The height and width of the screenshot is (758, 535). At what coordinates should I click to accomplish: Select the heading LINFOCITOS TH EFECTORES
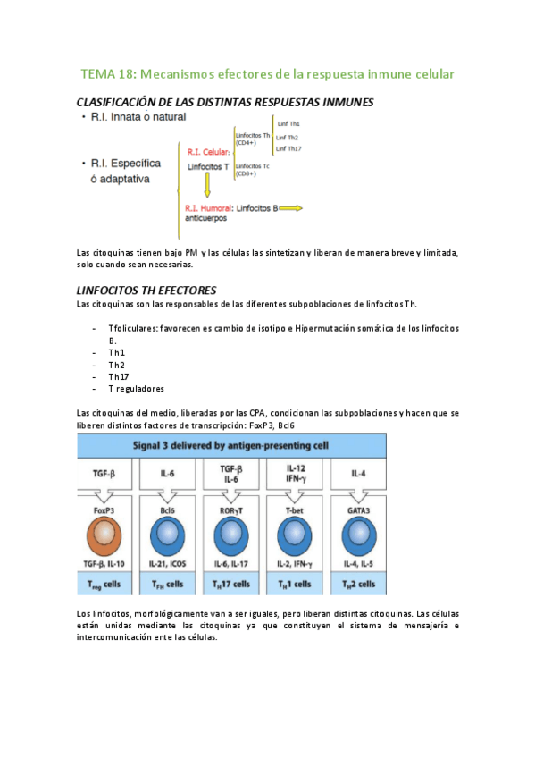tap(147, 291)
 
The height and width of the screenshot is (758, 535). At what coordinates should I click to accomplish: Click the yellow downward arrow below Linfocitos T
tap(207, 185)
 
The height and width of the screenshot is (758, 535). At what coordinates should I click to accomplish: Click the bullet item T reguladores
tap(136, 389)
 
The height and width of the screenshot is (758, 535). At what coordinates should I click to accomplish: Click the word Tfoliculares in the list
tap(132, 328)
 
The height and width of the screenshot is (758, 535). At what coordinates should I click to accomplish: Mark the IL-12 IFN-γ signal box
tap(296, 474)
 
